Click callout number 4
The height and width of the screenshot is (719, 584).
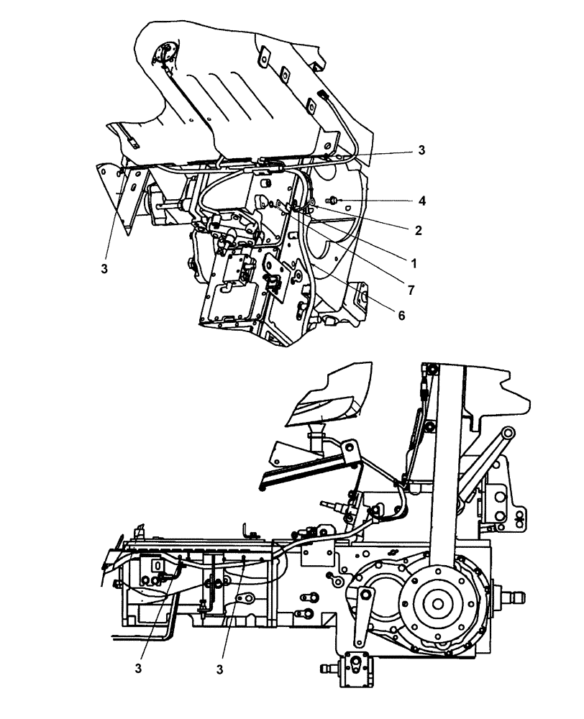(x=422, y=201)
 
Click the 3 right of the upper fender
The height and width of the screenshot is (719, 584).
(x=421, y=150)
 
